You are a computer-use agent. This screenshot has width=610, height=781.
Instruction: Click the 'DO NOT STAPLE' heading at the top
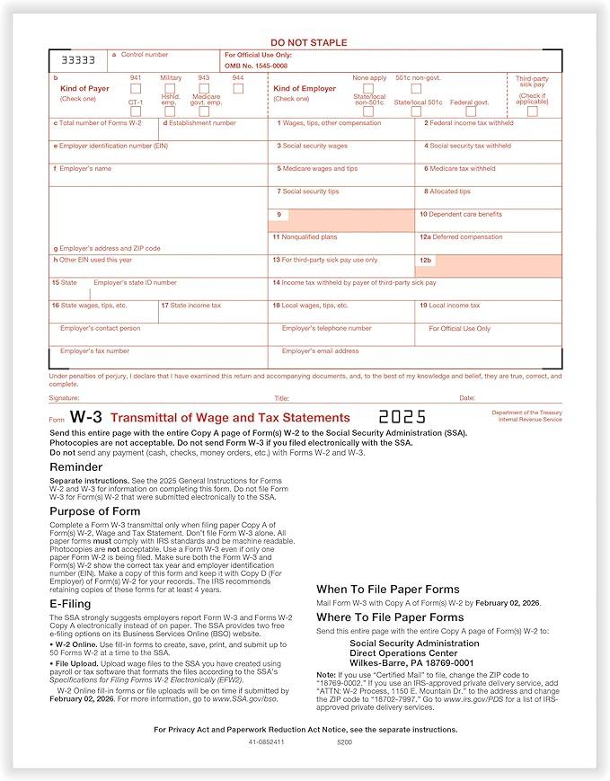[x=308, y=42]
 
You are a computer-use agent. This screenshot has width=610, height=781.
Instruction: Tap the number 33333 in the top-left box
[x=78, y=60]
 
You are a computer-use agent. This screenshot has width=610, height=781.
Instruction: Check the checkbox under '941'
[x=136, y=89]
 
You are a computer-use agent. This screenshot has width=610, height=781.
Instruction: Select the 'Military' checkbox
[x=171, y=89]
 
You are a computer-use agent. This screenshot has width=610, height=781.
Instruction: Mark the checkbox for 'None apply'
[x=369, y=89]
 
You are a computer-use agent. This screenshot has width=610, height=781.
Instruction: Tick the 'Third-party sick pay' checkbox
[x=532, y=111]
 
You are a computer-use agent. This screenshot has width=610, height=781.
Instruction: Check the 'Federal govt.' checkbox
[x=470, y=111]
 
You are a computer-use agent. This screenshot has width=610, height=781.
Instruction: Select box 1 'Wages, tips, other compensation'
[x=340, y=129]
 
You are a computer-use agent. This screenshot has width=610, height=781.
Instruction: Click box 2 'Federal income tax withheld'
[x=489, y=129]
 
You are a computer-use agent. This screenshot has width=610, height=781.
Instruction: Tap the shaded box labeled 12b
[x=489, y=265]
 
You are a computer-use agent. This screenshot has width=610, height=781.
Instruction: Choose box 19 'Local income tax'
[x=489, y=311]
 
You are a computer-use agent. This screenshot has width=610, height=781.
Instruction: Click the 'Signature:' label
[x=64, y=397]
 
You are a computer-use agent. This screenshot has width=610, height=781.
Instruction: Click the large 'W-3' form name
[x=86, y=417]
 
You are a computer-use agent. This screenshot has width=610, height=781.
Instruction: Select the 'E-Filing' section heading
[x=70, y=604]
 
